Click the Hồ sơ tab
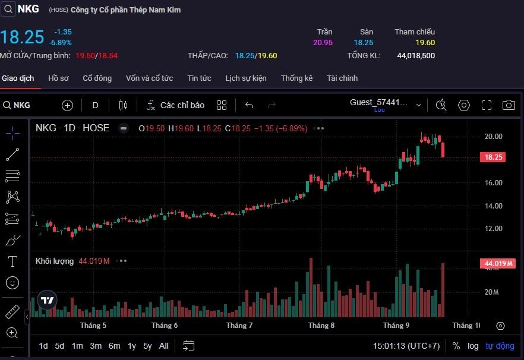59,78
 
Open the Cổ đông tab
97,78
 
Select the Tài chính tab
342,78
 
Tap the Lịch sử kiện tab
246,78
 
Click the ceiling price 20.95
323,43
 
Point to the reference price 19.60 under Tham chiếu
425,43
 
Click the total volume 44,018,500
416,56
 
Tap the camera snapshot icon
509,105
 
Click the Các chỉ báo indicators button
175,105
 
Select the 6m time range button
114,346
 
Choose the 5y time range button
147,346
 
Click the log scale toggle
473,346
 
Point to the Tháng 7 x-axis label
239,326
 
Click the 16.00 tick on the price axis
493,183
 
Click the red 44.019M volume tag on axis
498,264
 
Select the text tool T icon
12,261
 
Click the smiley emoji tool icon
12,283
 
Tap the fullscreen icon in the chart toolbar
487,105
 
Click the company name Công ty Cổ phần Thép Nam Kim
125,10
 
